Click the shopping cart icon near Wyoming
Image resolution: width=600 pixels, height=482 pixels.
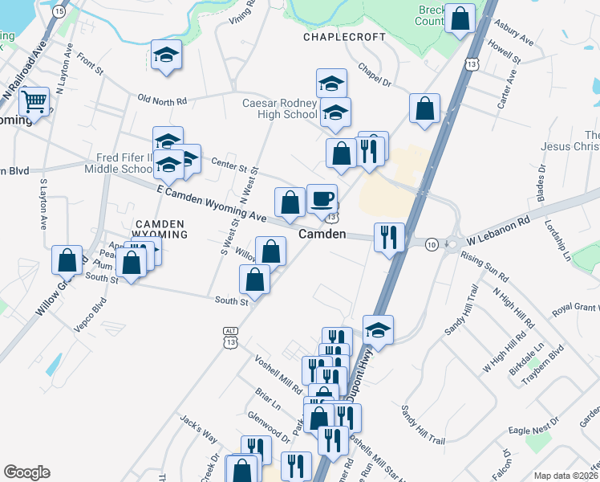pyautogui.click(x=34, y=101)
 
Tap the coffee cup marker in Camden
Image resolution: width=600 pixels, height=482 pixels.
pyautogui.click(x=322, y=198)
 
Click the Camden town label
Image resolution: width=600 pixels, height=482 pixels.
pyautogui.click(x=322, y=235)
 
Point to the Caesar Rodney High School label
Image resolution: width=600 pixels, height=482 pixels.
pyautogui.click(x=281, y=109)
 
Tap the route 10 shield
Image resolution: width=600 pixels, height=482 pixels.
pyautogui.click(x=432, y=243)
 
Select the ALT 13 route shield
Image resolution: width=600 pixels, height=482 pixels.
pyautogui.click(x=230, y=337)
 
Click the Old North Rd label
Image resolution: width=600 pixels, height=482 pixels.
pyautogui.click(x=162, y=100)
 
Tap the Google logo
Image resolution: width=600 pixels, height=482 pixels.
pyautogui.click(x=26, y=472)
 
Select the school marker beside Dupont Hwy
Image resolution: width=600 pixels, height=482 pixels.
pyautogui.click(x=378, y=329)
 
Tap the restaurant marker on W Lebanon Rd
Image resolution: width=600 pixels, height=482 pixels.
pyautogui.click(x=389, y=236)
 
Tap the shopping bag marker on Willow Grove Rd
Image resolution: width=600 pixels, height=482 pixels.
pyautogui.click(x=67, y=260)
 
